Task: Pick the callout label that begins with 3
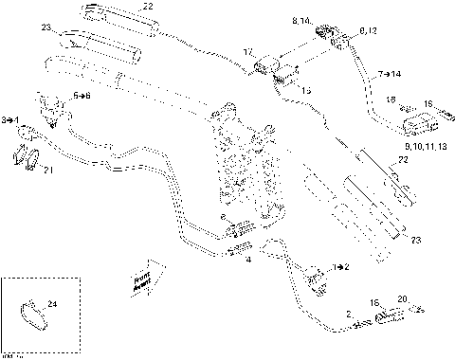pyautogui.click(x=9, y=120)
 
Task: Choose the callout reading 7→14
pyautogui.click(x=389, y=73)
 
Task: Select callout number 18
pyautogui.click(x=389, y=99)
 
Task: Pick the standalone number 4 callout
pyautogui.click(x=248, y=258)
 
